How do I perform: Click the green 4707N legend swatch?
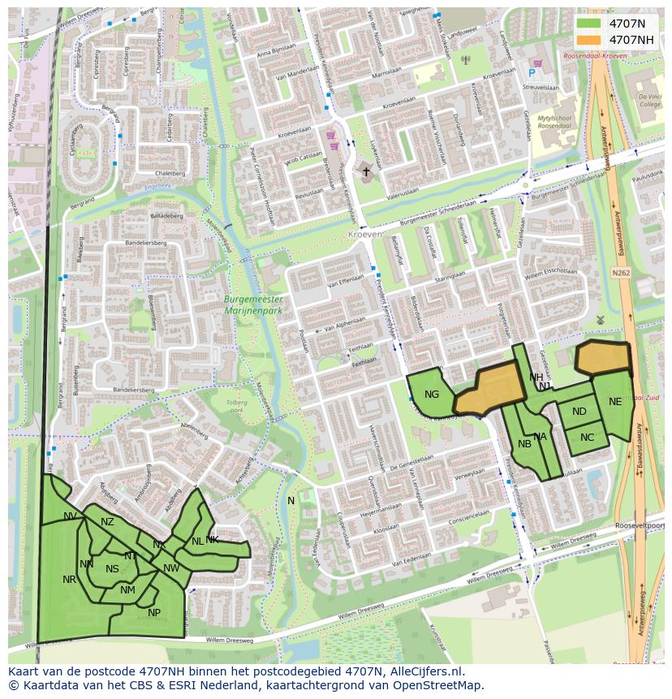pyautogui.click(x=589, y=24)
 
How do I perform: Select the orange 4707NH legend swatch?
pyautogui.click(x=589, y=40)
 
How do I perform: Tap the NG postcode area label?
pyautogui.click(x=432, y=395)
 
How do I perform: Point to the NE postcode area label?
pyautogui.click(x=615, y=401)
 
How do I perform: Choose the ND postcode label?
pyautogui.click(x=579, y=412)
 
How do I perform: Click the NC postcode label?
pyautogui.click(x=588, y=438)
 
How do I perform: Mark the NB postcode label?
pyautogui.click(x=524, y=443)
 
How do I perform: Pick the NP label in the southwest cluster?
pyautogui.click(x=154, y=613)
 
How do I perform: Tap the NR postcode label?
pyautogui.click(x=69, y=580)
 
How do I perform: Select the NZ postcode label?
pyautogui.click(x=107, y=522)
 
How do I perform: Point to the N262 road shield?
pyautogui.click(x=621, y=273)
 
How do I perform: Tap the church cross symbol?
pyautogui.click(x=366, y=171)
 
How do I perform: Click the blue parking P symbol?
pyautogui.click(x=532, y=73)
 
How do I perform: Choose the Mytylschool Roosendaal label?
pyautogui.click(x=555, y=122)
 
